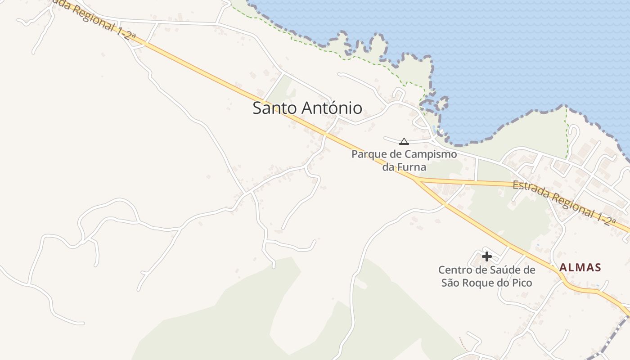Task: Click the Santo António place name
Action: point(307,108)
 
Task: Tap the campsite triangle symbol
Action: point(404,141)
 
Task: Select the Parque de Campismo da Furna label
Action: point(404,161)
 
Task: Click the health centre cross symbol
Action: point(486,256)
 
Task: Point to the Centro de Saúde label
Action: point(487,276)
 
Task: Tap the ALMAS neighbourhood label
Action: point(580,268)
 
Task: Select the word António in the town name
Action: point(333,108)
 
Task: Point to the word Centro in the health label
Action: point(454,270)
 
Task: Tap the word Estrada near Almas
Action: point(530,190)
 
